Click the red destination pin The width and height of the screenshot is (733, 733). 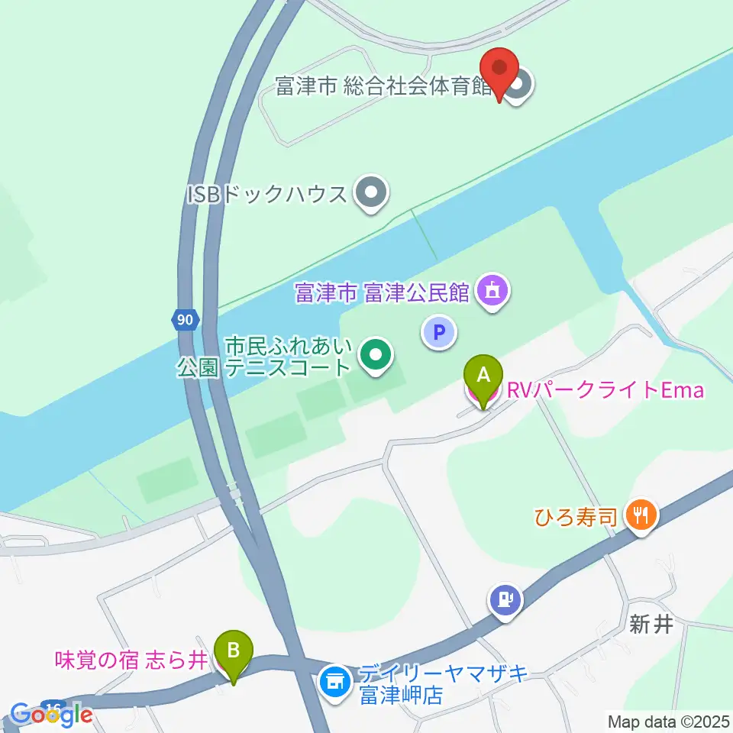(500, 70)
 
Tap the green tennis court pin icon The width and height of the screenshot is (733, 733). (375, 354)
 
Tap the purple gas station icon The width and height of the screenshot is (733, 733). (505, 598)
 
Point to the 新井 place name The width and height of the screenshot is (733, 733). (651, 625)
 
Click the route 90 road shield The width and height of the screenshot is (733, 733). (184, 320)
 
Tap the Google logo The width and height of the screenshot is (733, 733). (52, 715)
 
